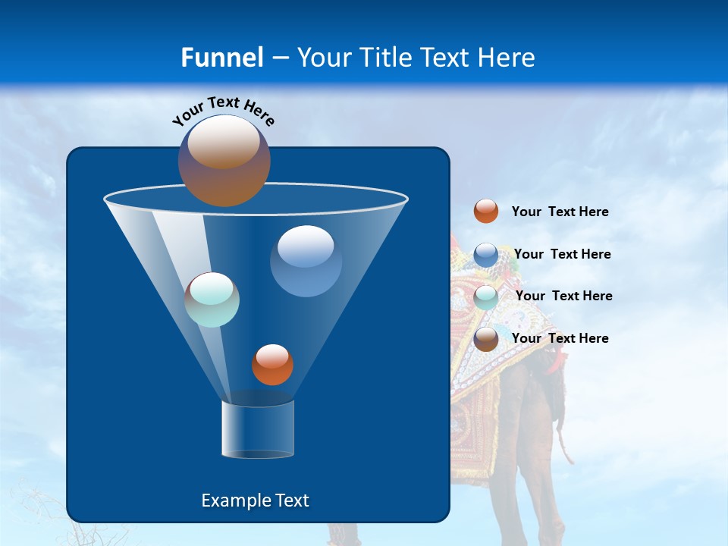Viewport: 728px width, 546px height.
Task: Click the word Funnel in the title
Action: (221, 58)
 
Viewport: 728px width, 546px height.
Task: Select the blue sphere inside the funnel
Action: (306, 262)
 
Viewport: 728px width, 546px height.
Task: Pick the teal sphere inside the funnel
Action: (212, 300)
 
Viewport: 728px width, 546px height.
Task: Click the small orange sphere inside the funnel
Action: (272, 365)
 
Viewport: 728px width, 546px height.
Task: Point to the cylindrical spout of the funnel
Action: (258, 429)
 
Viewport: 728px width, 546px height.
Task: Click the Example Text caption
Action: (255, 500)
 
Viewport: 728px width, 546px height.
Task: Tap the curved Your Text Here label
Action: (223, 111)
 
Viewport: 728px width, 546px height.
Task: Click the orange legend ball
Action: (486, 212)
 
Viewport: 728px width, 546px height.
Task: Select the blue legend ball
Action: (486, 255)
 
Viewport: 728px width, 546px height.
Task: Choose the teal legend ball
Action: (486, 297)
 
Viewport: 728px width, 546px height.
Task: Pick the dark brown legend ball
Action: (486, 339)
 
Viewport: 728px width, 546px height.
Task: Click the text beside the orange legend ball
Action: (560, 212)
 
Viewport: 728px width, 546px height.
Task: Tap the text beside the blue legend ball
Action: (562, 255)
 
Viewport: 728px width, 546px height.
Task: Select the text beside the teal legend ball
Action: (563, 297)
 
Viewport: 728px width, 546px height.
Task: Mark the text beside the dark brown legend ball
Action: (560, 339)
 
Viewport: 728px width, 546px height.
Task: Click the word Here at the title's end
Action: (507, 58)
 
